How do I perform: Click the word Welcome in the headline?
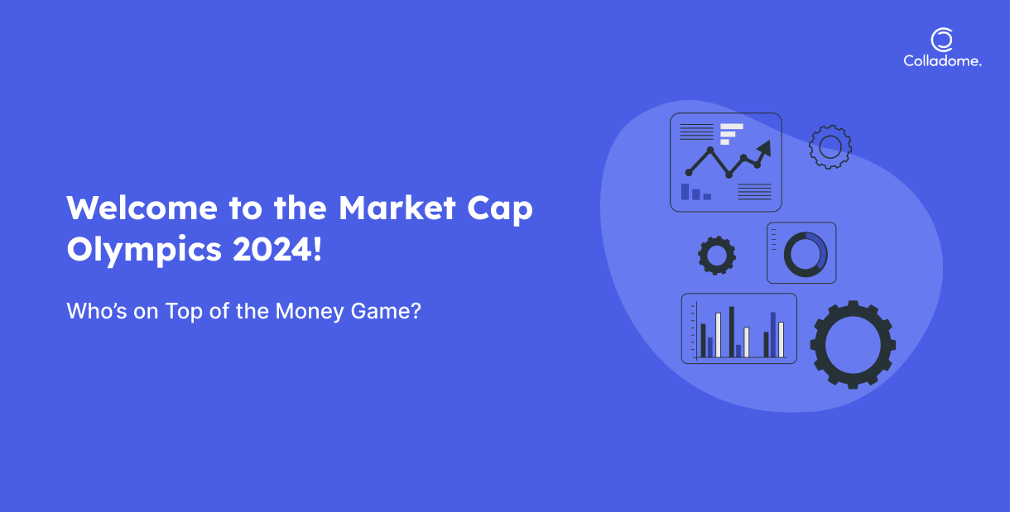pos(142,208)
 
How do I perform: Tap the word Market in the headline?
pos(397,208)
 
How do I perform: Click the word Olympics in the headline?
pos(144,251)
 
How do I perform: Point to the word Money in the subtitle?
pos(310,311)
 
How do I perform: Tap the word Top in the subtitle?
pos(184,312)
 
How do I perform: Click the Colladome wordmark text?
pos(942,60)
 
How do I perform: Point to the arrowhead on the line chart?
pos(765,148)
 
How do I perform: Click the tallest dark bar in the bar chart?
pos(731,332)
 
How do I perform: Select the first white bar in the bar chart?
pos(719,335)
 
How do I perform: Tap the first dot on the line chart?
pos(689,173)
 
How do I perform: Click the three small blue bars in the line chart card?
pos(695,192)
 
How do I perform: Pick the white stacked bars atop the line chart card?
pos(731,134)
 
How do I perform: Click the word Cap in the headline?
pos(500,210)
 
